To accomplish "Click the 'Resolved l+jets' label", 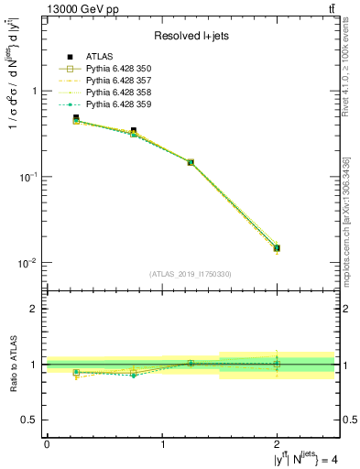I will point(191,36).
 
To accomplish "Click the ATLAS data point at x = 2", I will point(278,247).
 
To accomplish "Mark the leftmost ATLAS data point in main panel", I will point(75,118).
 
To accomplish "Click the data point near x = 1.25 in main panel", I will point(191,162).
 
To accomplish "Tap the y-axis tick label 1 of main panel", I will point(34,92).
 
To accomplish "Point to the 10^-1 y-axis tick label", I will point(29,177).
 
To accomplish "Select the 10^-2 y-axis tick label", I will point(29,263).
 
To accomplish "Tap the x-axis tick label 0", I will point(47,444).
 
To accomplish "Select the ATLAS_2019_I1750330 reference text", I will point(191,274).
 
